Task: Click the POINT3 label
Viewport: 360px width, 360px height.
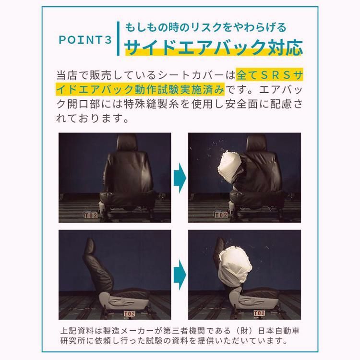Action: pyautogui.click(x=84, y=39)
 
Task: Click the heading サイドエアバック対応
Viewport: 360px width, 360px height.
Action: pyautogui.click(x=214, y=47)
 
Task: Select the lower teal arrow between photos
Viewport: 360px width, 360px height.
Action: pyautogui.click(x=180, y=272)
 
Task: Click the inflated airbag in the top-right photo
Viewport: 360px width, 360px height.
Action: pyautogui.click(x=231, y=165)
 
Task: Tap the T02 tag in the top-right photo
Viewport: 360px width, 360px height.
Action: pyautogui.click(x=221, y=215)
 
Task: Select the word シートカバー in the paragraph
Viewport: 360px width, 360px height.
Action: pyautogui.click(x=197, y=75)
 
